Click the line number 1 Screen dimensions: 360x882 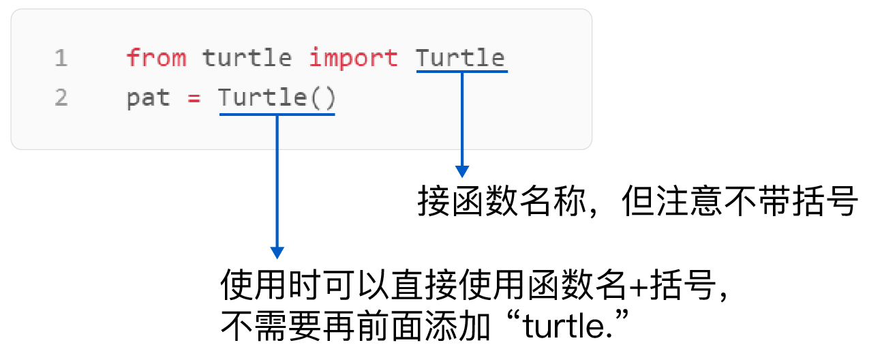point(61,59)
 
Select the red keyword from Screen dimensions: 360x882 point(156,58)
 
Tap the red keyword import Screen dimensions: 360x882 point(353,58)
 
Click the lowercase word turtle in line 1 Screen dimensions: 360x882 point(247,58)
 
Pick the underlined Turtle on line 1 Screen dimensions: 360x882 point(461,58)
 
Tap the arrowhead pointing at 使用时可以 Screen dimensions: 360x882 point(277,252)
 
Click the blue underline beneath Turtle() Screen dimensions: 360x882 point(277,114)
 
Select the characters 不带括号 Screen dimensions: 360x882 point(789,202)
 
